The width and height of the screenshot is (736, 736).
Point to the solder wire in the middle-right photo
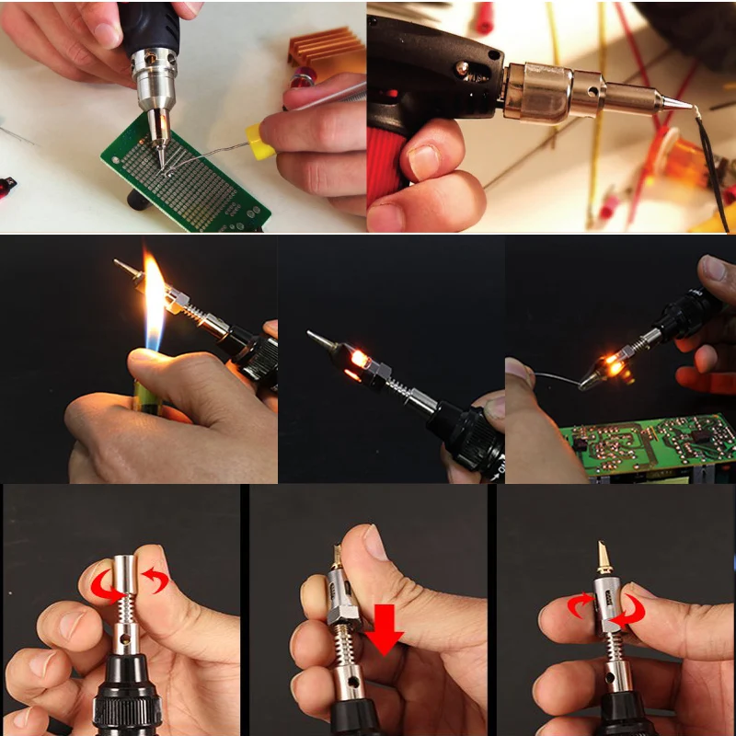(552, 379)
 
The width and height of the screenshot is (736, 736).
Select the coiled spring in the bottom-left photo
(125, 612)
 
